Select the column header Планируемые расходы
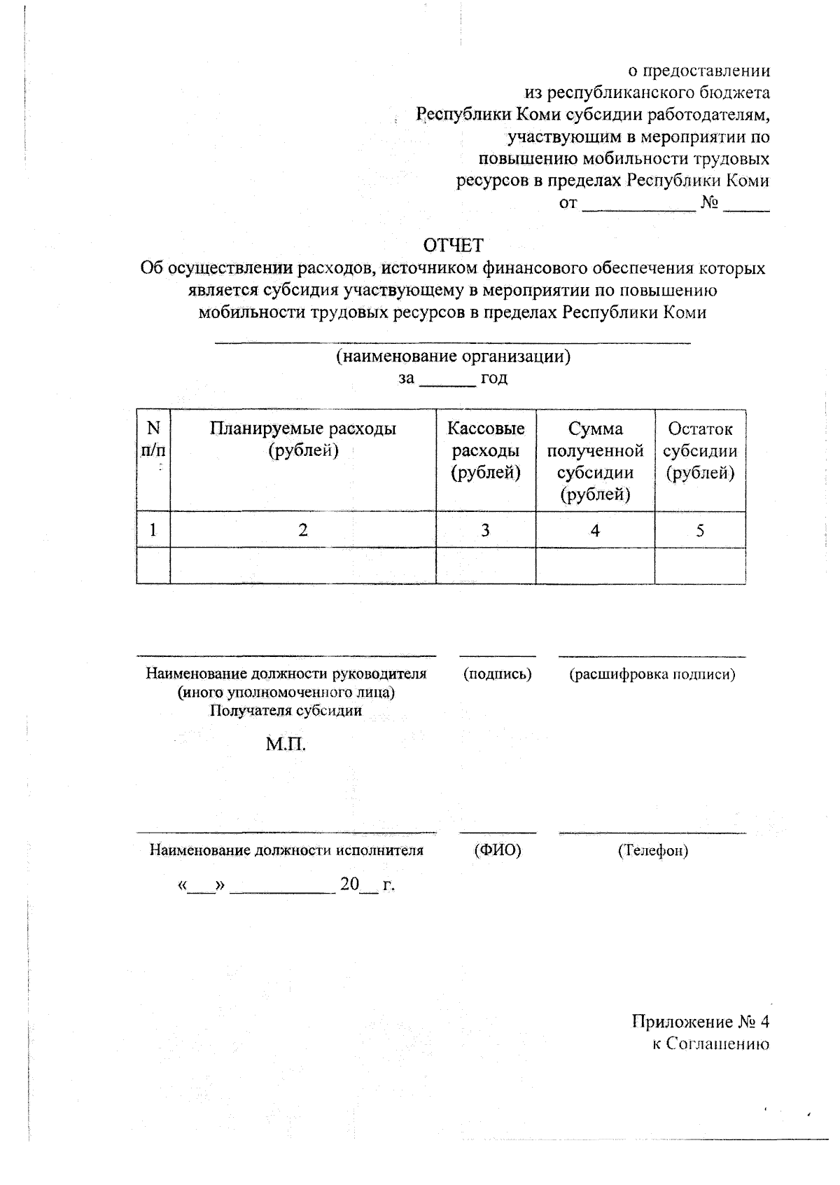[303, 439]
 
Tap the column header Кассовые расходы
[486, 450]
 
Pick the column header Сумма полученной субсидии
[595, 462]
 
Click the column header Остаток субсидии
[700, 450]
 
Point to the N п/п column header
[153, 439]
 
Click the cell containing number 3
[485, 530]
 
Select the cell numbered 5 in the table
[700, 530]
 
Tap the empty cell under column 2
[303, 566]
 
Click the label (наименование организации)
[453, 356]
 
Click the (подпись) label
[498, 674]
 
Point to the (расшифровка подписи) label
[652, 674]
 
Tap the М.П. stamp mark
[286, 744]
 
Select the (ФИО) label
[498, 850]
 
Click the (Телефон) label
[652, 851]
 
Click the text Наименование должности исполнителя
[286, 850]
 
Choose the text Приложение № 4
[700, 1022]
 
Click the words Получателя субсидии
[286, 711]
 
